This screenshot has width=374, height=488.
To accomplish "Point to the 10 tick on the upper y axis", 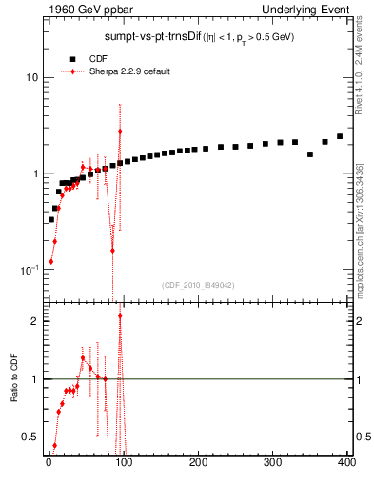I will pyautogui.click(x=32, y=77).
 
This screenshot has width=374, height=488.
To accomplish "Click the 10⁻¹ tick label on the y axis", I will pyautogui.click(x=29, y=270).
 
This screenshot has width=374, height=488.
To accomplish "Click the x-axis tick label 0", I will pyautogui.click(x=48, y=463).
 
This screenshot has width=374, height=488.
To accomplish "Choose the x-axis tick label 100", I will pyautogui.click(x=123, y=463).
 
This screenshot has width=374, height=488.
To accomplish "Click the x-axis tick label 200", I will pyautogui.click(x=198, y=463).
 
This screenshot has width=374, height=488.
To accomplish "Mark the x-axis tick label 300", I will pyautogui.click(x=273, y=463).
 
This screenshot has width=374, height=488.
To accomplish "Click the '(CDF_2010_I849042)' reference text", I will pyautogui.click(x=198, y=285).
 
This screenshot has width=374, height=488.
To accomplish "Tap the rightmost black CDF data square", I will pyautogui.click(x=340, y=136).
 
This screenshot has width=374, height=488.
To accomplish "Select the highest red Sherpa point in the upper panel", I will pyautogui.click(x=120, y=132).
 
